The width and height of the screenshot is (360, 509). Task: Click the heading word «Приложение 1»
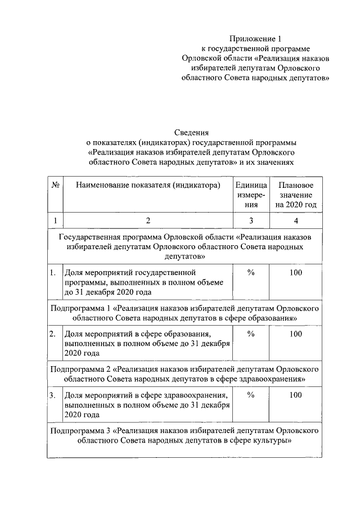click(x=256, y=39)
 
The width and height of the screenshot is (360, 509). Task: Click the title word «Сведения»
click(x=191, y=132)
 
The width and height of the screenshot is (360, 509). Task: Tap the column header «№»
click(x=56, y=185)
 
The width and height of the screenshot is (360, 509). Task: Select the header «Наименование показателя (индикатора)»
click(x=147, y=185)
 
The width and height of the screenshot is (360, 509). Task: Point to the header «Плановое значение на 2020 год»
click(x=296, y=195)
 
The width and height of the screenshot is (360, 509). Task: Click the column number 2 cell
click(x=147, y=220)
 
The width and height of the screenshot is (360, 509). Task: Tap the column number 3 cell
click(x=251, y=220)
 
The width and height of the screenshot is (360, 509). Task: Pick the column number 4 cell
click(x=296, y=220)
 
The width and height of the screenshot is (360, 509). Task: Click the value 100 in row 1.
click(x=296, y=273)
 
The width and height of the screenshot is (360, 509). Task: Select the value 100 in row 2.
click(x=296, y=334)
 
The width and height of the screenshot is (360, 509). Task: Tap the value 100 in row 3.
click(x=296, y=395)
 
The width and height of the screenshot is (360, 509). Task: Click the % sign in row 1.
click(x=251, y=273)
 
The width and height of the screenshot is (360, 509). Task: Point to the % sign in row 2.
click(x=251, y=334)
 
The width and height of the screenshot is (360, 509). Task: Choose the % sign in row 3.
click(x=251, y=395)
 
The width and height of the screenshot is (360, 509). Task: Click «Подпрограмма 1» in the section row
click(x=80, y=309)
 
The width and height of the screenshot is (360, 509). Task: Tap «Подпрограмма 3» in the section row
click(x=80, y=431)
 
